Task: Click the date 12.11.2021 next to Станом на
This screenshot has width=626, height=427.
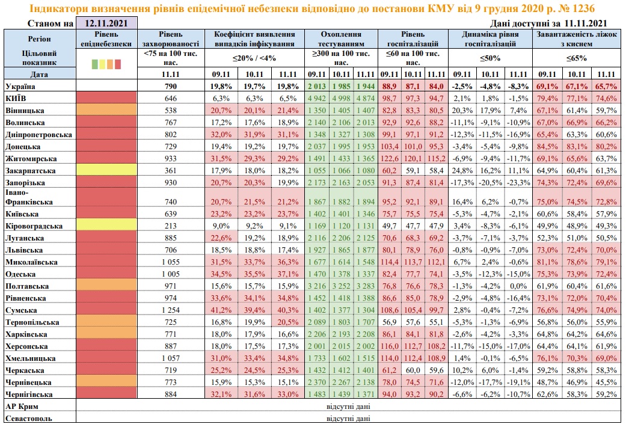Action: click(x=106, y=23)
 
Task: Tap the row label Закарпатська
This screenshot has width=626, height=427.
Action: click(x=31, y=171)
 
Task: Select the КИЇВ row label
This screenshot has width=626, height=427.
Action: click(x=16, y=98)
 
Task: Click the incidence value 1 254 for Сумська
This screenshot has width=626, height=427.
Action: click(x=170, y=310)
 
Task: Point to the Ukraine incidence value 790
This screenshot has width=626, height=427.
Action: click(x=170, y=86)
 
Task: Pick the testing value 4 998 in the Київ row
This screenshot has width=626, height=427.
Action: click(x=342, y=98)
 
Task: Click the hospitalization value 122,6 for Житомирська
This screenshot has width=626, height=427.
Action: click(x=389, y=159)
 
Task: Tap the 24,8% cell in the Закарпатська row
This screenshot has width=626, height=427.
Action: click(x=462, y=171)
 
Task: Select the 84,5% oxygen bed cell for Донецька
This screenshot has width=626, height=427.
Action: click(x=547, y=147)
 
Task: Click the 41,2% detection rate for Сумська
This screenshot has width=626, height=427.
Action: click(x=221, y=310)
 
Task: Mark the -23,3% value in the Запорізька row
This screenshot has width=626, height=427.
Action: click(x=518, y=183)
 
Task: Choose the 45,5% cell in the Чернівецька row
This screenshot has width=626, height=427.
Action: click(x=606, y=382)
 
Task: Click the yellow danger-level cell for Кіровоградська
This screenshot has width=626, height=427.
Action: click(x=106, y=226)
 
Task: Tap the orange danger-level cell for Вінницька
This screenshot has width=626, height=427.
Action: click(x=106, y=110)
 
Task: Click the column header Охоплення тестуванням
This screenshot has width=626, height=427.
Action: click(x=341, y=38)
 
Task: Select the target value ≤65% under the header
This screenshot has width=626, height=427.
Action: click(x=577, y=58)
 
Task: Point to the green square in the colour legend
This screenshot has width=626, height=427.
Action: click(x=94, y=64)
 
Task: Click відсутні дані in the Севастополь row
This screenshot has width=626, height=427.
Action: click(x=348, y=419)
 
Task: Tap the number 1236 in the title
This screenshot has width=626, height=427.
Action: click(x=582, y=8)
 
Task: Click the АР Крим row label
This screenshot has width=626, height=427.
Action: click(x=22, y=407)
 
